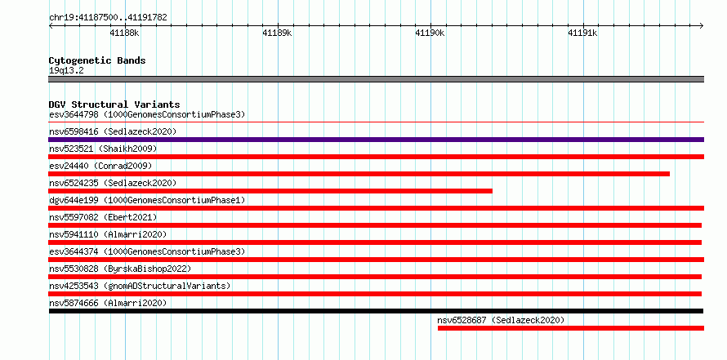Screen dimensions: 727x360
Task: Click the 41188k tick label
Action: pyautogui.click(x=124, y=33)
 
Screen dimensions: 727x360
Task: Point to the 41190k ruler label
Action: pyautogui.click(x=430, y=33)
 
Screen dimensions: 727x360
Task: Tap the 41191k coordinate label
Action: pyautogui.click(x=582, y=33)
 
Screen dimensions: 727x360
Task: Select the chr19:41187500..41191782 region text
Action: pyautogui.click(x=108, y=18)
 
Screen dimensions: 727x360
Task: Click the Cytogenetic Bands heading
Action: pyautogui.click(x=97, y=60)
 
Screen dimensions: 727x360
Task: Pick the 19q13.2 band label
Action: pyautogui.click(x=66, y=71)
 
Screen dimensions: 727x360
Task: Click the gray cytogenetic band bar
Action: pyautogui.click(x=376, y=79)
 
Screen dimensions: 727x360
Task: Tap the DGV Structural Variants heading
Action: pyautogui.click(x=114, y=104)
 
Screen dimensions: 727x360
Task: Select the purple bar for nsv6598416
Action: pyautogui.click(x=376, y=140)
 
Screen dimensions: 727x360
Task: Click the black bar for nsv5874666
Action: pyautogui.click(x=376, y=311)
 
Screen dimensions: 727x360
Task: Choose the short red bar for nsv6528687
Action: pyautogui.click(x=571, y=328)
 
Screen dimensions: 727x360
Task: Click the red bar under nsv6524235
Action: pyautogui.click(x=270, y=191)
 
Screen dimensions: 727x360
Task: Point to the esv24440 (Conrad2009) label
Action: pyautogui.click(x=100, y=166)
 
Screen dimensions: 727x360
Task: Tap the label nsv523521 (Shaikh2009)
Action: pyautogui.click(x=103, y=149)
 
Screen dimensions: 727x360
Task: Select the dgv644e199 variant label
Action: pyautogui.click(x=147, y=200)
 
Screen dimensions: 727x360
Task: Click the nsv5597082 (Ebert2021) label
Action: pyautogui.click(x=103, y=217)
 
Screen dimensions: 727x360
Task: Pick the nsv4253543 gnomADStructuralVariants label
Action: pyautogui.click(x=140, y=286)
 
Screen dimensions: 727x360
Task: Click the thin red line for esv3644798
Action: pyautogui.click(x=376, y=122)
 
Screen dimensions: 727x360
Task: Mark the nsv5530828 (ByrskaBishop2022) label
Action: pyautogui.click(x=120, y=269)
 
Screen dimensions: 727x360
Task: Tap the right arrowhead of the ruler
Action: pyautogui.click(x=702, y=26)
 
